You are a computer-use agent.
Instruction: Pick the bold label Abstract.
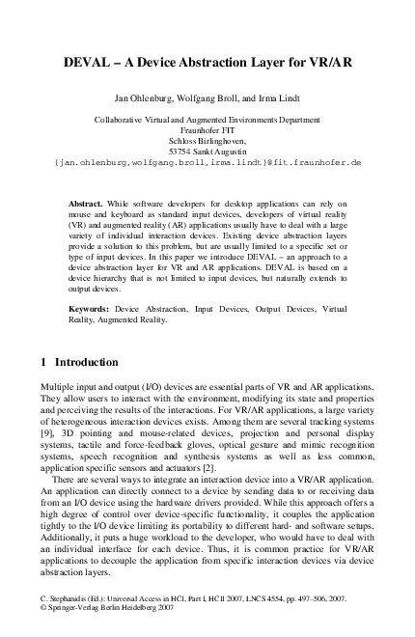click(x=86, y=205)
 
